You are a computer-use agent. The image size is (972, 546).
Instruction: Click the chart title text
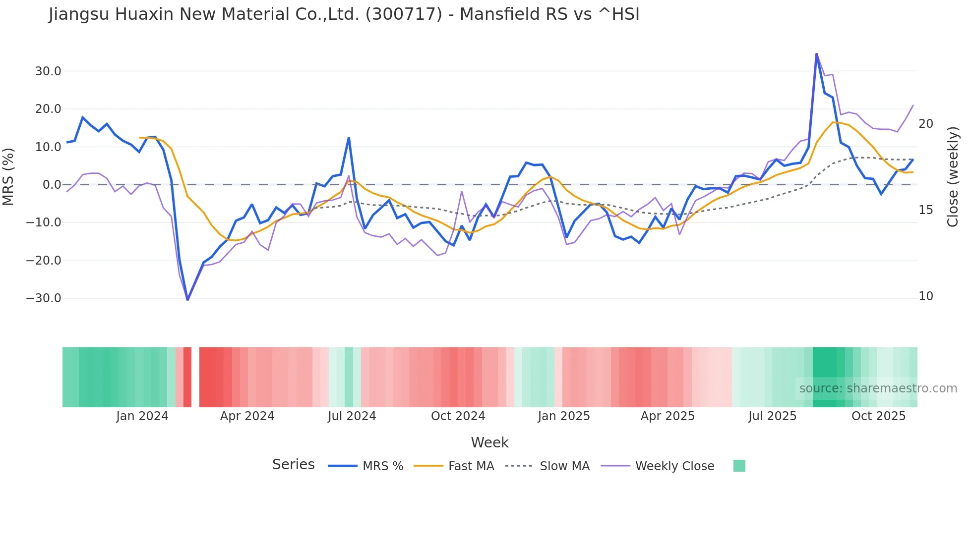(344, 14)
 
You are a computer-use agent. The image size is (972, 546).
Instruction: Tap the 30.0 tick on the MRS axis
(48, 71)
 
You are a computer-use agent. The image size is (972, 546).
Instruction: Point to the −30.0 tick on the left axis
(44, 298)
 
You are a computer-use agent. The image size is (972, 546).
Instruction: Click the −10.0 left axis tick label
(44, 222)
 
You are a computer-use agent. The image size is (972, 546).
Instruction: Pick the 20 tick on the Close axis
(925, 124)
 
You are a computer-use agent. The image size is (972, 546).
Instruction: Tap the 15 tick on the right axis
(925, 210)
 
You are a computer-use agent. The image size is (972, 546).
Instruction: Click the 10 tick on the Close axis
(925, 296)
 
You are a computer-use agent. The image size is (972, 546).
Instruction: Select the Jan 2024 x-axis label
(142, 416)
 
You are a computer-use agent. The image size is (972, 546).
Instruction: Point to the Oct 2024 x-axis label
(458, 416)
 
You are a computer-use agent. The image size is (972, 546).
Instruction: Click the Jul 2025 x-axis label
(772, 416)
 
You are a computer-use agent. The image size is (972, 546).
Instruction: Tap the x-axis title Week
(489, 442)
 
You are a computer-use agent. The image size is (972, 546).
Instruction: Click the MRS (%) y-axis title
(8, 176)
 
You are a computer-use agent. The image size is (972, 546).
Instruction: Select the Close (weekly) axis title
(952, 176)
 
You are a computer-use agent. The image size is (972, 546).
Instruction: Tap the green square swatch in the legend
(739, 466)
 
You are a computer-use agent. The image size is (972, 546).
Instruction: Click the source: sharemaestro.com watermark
(878, 388)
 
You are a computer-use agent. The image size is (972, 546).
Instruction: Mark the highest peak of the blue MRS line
(816, 54)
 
